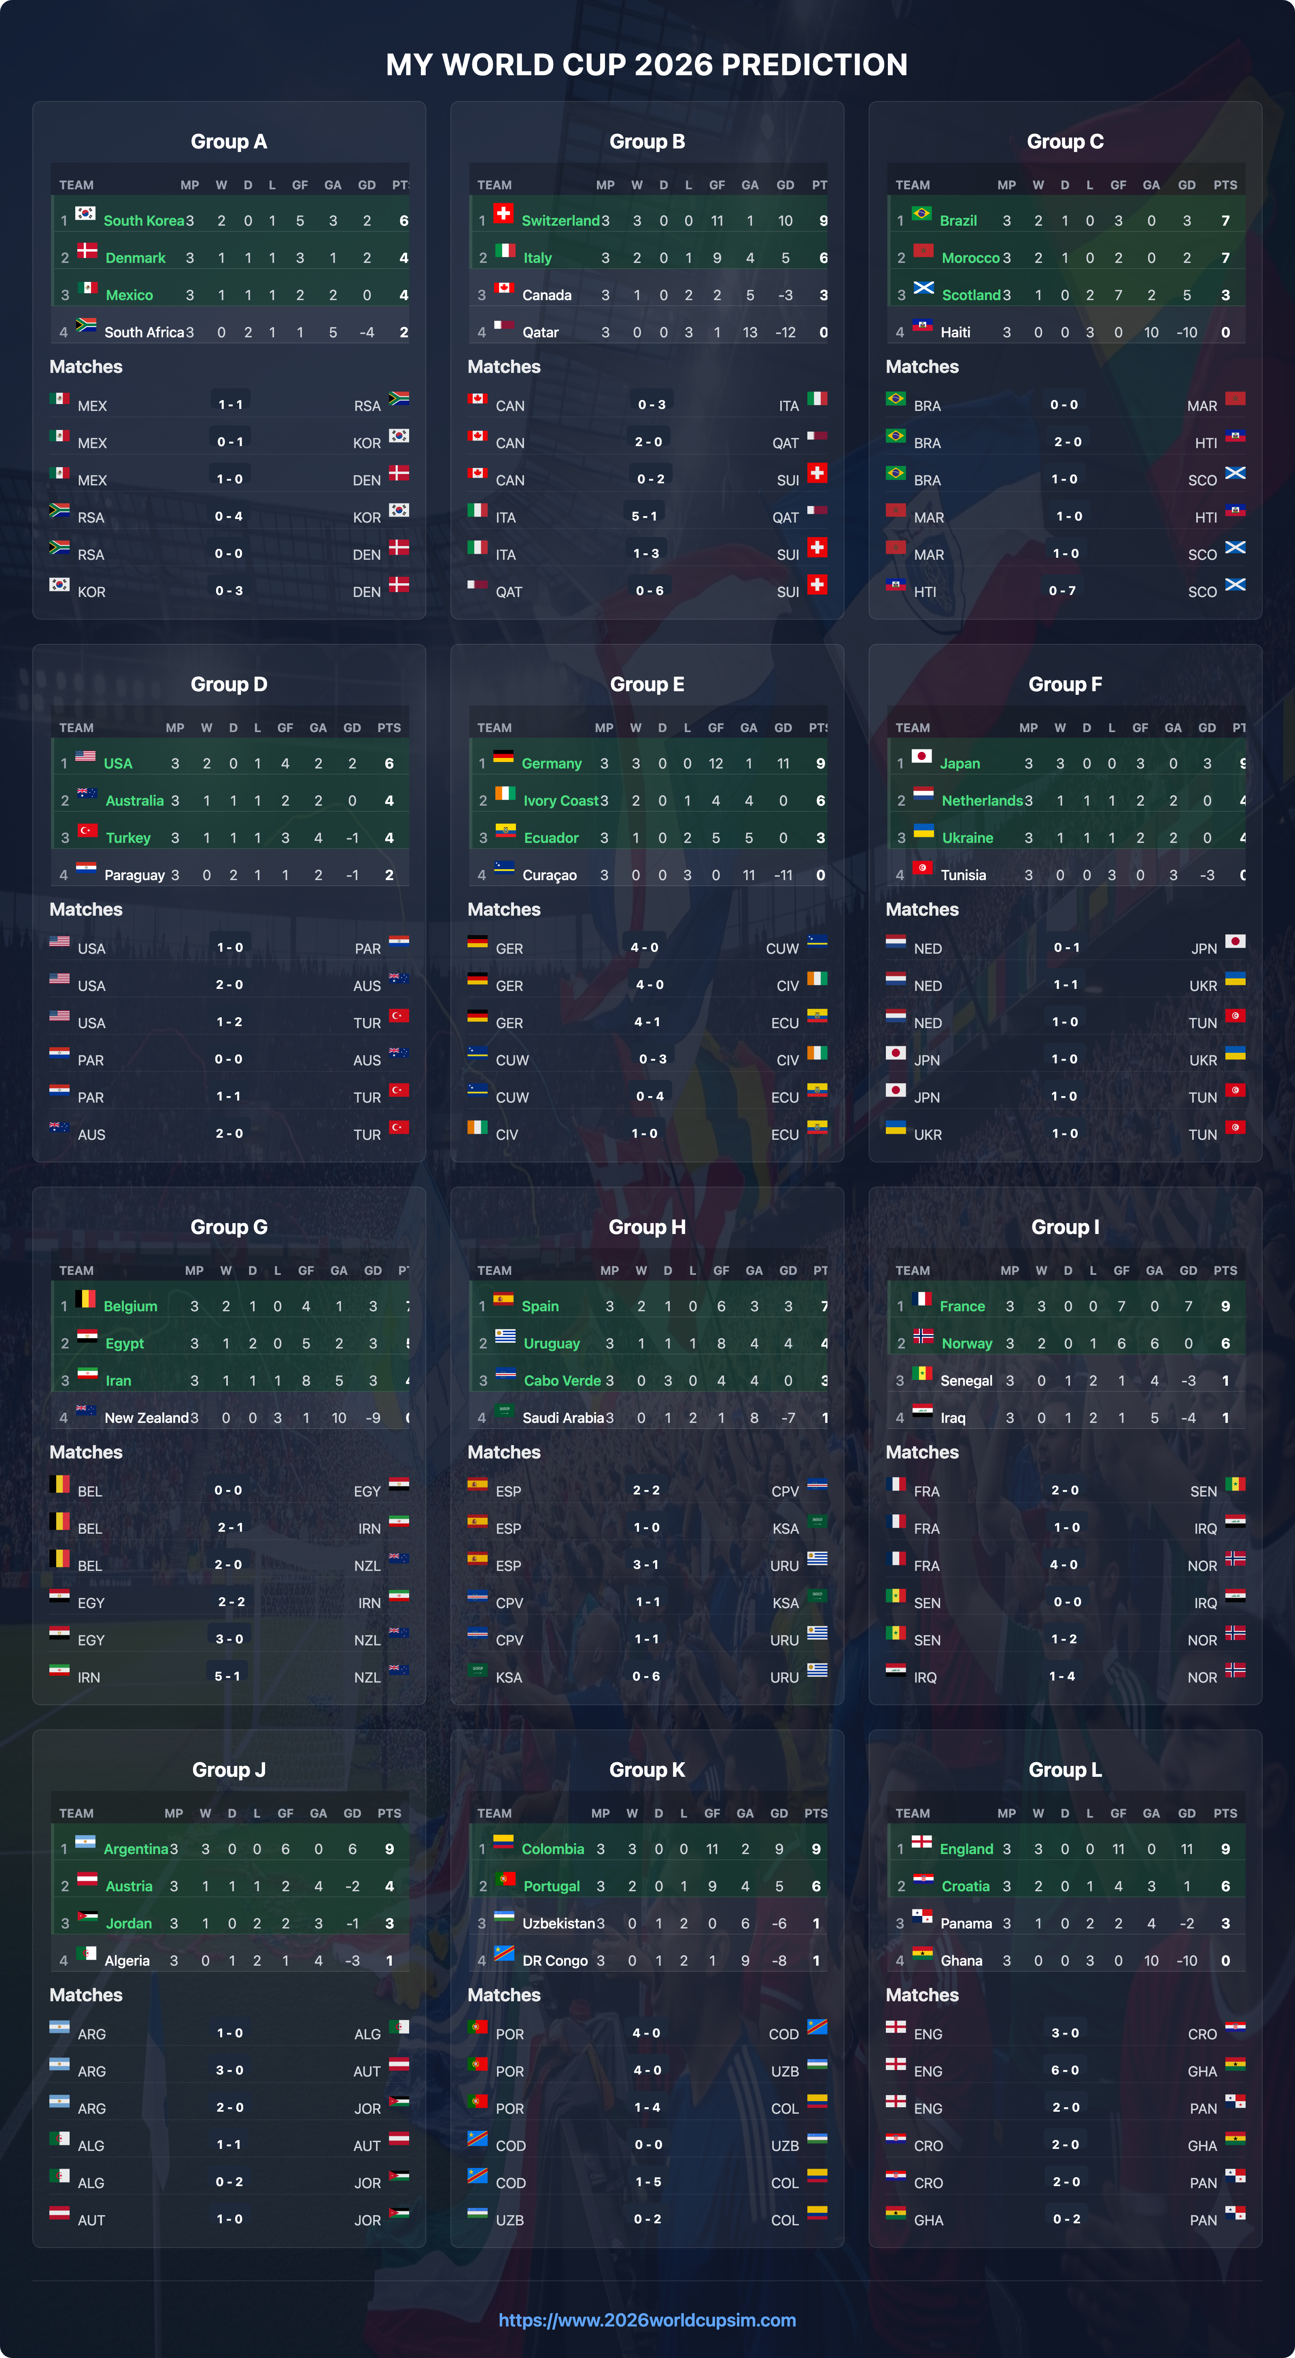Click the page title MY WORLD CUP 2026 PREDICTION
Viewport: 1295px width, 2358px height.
647,65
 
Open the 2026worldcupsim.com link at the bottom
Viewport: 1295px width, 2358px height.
647,2320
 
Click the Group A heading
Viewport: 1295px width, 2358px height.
229,142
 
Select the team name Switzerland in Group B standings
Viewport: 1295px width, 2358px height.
560,220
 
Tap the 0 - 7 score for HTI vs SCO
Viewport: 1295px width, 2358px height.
1062,591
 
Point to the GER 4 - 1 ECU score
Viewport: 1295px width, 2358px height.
647,1022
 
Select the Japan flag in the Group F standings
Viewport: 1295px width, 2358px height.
921,757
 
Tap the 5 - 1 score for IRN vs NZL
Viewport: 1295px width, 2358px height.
227,1676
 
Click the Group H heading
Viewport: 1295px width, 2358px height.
647,1228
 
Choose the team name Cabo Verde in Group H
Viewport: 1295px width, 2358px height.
561,1380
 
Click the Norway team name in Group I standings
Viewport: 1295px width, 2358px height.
966,1344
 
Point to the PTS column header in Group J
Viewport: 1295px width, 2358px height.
389,1813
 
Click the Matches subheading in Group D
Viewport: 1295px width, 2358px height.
86,910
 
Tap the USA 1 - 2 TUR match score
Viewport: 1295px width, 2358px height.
229,1022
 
